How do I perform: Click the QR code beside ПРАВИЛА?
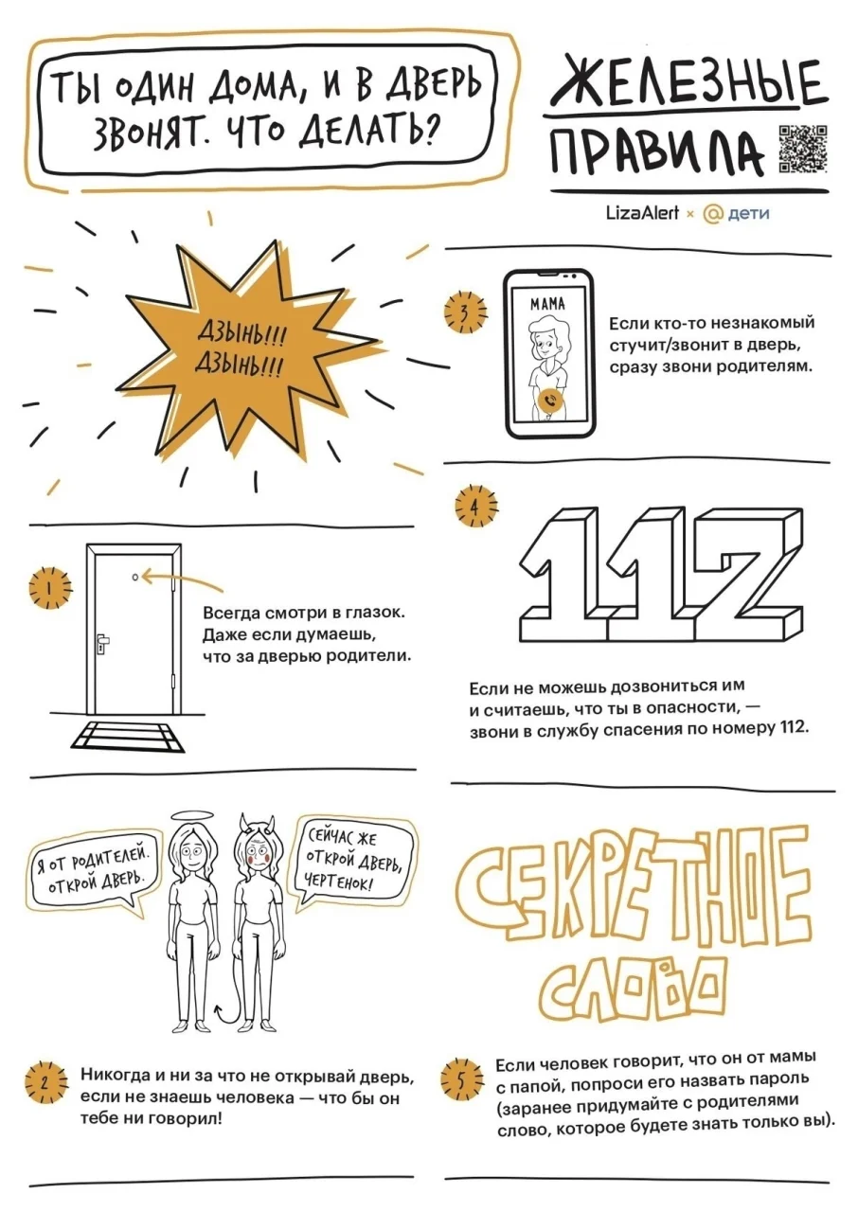click(803, 149)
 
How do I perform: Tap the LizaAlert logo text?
click(642, 213)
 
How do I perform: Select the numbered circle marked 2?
click(45, 1082)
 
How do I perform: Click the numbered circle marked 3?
click(465, 312)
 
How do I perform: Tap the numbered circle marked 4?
click(475, 508)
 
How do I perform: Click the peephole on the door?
click(134, 577)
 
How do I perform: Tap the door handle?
click(102, 643)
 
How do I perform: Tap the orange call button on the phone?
click(552, 400)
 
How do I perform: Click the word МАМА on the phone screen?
click(547, 305)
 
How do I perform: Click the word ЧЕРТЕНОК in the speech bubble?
click(339, 882)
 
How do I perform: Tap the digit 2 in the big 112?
click(746, 575)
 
